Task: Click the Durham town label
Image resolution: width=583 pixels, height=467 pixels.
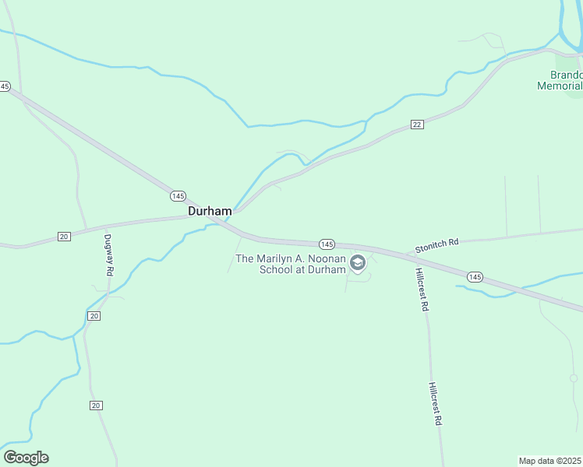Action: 210,211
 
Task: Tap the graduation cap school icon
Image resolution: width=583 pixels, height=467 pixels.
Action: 358,263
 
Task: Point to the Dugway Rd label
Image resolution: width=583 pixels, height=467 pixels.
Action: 109,256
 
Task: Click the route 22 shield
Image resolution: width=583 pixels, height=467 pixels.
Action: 417,125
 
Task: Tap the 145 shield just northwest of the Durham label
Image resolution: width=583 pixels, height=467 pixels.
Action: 178,196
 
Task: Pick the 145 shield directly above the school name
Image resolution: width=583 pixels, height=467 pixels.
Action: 327,244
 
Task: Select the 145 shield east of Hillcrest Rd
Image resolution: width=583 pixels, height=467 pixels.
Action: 475,277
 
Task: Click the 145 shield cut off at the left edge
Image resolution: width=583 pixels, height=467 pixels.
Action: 5,86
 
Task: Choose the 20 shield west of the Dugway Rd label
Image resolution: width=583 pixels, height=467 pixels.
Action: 64,236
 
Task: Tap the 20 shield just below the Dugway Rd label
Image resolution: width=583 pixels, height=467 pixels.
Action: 94,315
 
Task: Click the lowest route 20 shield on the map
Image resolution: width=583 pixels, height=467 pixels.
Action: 96,406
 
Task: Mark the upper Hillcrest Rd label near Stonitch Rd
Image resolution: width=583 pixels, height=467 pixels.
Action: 421,290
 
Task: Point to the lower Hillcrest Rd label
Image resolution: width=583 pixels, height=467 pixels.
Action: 435,402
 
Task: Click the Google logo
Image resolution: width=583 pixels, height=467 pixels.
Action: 26,458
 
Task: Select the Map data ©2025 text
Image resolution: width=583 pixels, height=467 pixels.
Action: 550,461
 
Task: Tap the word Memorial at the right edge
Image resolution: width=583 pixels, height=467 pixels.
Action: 560,86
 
